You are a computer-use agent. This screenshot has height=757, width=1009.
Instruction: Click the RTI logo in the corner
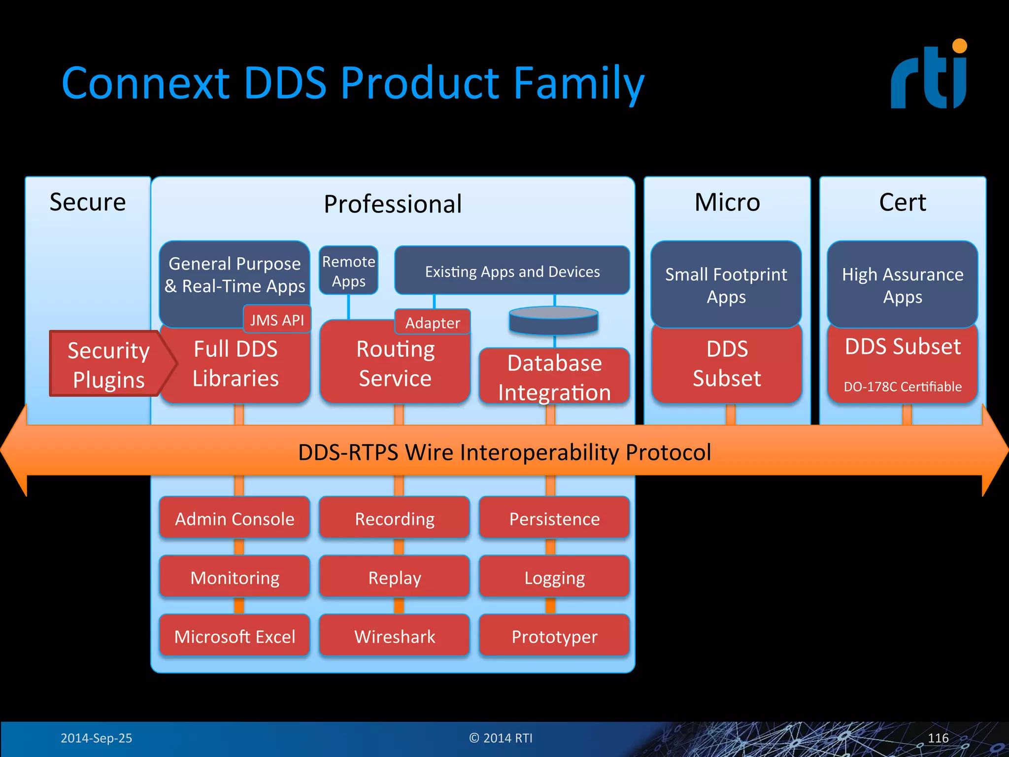point(929,75)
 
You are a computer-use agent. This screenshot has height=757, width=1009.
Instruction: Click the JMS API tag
point(277,320)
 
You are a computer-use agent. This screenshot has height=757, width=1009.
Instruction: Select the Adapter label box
point(433,322)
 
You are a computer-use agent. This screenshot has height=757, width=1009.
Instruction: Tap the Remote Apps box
point(349,271)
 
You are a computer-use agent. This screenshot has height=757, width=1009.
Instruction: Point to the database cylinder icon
point(554,321)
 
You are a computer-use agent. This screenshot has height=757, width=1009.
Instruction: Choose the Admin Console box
point(235,518)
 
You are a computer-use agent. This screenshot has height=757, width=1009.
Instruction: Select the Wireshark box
point(395,636)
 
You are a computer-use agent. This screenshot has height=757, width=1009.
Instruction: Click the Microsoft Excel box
point(235,636)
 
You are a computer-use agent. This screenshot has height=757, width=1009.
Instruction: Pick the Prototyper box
point(554,636)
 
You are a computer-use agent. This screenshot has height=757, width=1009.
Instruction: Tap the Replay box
point(395,577)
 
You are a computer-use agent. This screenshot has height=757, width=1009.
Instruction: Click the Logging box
point(554,577)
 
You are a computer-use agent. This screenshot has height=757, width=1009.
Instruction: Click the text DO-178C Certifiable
point(903,386)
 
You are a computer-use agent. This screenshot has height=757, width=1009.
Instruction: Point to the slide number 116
point(938,738)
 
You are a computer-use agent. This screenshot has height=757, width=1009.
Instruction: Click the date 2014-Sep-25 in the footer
point(96,738)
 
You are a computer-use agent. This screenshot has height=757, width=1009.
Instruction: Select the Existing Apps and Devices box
point(512,271)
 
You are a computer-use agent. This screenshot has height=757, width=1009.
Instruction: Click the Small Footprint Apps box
point(726,285)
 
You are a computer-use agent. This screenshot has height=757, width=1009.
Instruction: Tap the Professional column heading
point(393,204)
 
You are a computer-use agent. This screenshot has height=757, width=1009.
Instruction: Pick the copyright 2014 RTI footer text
point(501,738)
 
